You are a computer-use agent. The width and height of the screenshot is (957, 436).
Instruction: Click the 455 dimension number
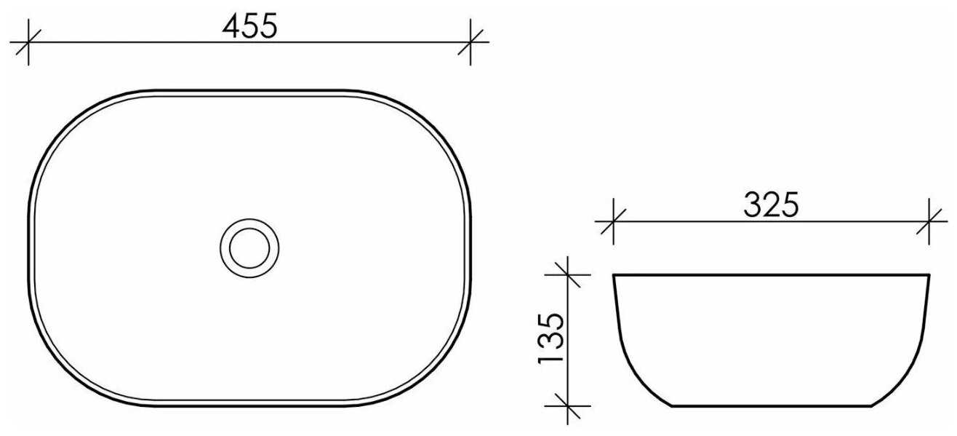coord(250,26)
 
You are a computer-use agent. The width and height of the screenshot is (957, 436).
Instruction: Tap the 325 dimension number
coord(771,205)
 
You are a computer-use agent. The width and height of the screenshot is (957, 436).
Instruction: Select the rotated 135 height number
coord(551,338)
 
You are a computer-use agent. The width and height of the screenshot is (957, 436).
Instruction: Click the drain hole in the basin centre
coord(249,248)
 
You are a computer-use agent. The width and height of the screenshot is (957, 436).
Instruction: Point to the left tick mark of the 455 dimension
coord(28,42)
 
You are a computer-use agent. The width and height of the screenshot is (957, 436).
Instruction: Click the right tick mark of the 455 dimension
coord(471,42)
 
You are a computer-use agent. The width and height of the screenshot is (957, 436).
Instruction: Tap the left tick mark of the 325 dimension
coord(614,221)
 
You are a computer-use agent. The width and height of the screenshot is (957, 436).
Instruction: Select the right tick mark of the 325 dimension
coord(929,221)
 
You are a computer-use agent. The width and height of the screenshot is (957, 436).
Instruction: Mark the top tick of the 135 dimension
coord(567,275)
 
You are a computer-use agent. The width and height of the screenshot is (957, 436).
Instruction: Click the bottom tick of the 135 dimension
coord(567,405)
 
